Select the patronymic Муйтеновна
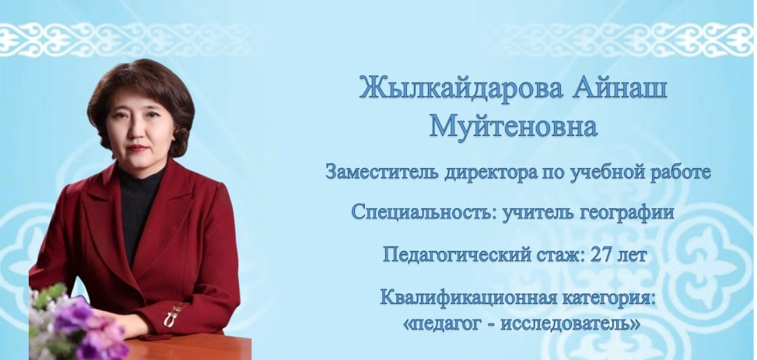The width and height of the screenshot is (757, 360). (x=514, y=126)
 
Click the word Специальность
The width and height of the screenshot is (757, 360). (x=424, y=212)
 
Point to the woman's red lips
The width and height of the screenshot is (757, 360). (x=137, y=148)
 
